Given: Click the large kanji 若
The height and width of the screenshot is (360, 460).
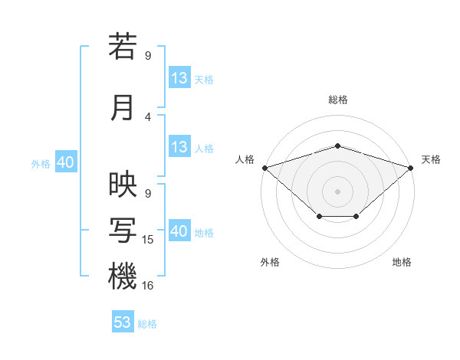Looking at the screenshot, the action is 123,46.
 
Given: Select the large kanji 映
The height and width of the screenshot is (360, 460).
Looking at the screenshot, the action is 123,184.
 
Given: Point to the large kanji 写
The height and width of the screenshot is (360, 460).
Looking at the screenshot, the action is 123,231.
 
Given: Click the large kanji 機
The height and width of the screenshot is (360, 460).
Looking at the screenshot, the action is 123,276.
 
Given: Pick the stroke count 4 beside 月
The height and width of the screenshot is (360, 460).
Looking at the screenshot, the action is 148,117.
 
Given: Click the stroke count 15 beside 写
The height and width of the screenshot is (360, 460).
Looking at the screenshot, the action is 147,240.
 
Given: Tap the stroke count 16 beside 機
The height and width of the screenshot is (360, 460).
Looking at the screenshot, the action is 147,285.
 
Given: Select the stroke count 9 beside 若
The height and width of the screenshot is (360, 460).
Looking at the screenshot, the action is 148,55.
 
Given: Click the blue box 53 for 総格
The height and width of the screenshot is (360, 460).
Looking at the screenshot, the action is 123,321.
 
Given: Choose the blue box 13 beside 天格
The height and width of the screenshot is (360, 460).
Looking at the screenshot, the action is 180,77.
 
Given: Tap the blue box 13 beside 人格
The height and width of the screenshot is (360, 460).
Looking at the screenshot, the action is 180,146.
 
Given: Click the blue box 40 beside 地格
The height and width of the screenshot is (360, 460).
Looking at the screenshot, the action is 180,230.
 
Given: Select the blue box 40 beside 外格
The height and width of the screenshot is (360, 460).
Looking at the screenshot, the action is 66,162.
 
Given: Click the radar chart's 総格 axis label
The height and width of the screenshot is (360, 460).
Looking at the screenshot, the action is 338,100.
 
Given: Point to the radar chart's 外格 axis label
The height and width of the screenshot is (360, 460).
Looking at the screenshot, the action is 270,262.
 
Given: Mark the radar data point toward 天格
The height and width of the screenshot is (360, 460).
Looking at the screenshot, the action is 411,168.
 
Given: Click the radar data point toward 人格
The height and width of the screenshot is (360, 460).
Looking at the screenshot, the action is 265,168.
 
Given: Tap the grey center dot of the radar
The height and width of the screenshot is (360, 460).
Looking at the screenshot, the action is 337,191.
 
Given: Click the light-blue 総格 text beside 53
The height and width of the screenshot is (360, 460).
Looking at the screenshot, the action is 147,324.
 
